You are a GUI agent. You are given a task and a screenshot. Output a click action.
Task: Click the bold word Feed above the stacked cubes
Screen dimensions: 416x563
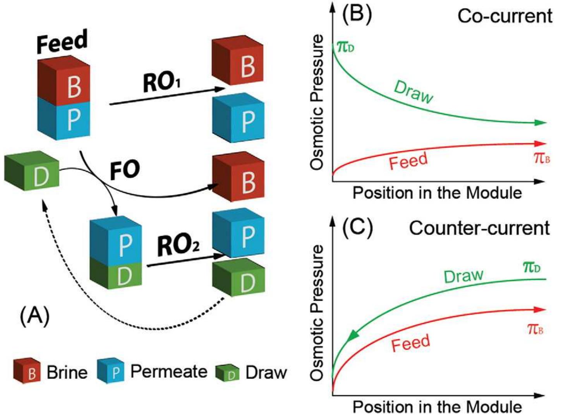(x=62, y=42)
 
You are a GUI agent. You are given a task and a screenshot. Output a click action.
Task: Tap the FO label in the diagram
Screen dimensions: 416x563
(x=125, y=170)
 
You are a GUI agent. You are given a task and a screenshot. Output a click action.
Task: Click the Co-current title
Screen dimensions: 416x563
(x=505, y=16)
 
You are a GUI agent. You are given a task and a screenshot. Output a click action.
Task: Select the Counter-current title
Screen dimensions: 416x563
(x=479, y=228)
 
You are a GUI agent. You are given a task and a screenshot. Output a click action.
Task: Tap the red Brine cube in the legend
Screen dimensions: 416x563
(x=27, y=370)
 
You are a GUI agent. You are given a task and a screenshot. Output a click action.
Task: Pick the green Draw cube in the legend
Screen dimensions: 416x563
(x=228, y=372)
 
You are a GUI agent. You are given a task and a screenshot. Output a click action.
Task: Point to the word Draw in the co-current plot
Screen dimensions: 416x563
(x=413, y=92)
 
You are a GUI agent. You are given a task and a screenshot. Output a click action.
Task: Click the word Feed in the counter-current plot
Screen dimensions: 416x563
(x=410, y=343)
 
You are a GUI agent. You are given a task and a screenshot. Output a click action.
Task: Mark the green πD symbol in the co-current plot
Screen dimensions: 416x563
(x=345, y=47)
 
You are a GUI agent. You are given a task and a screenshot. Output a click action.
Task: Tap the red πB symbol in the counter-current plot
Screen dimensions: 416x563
(x=535, y=329)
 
